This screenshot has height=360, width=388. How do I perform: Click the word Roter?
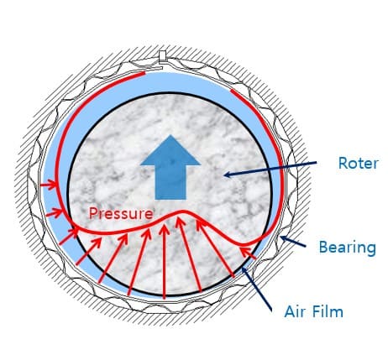pyautogui.click(x=359, y=163)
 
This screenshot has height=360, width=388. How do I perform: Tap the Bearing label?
pyautogui.click(x=348, y=248)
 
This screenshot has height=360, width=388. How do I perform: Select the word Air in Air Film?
pyautogui.click(x=293, y=311)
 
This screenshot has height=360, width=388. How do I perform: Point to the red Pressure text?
pyautogui.click(x=121, y=213)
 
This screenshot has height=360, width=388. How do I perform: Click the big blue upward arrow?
pyautogui.click(x=170, y=167)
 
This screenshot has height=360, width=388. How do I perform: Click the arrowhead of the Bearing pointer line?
pyautogui.click(x=283, y=238)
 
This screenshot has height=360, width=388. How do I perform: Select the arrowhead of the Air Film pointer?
pyautogui.click(x=244, y=269)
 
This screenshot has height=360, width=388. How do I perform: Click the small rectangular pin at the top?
pyautogui.click(x=162, y=56)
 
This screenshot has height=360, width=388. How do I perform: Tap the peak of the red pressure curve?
pyautogui.click(x=183, y=211)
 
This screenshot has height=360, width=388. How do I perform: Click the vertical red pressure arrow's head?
pyautogui.click(x=165, y=229)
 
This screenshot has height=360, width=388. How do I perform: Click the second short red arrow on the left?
pyautogui.click(x=55, y=213)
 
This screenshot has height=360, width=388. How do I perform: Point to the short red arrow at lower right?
pyautogui.click(x=248, y=253)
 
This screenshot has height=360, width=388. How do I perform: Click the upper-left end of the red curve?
pyautogui.click(x=144, y=73)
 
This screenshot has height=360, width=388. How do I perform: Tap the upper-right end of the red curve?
pyautogui.click(x=232, y=91)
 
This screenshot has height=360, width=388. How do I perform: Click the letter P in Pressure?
pyautogui.click(x=93, y=213)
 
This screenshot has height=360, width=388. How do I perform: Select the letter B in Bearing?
pyautogui.click(x=323, y=247)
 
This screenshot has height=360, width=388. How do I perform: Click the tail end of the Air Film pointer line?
pyautogui.click(x=271, y=310)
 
